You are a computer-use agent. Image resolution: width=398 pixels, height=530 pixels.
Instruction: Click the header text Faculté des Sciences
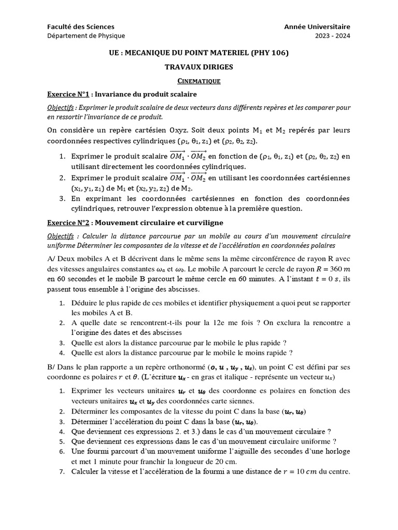(x=81, y=26)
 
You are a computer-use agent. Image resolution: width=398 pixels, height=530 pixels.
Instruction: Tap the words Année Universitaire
(x=317, y=26)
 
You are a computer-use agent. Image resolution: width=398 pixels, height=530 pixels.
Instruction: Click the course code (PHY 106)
(x=270, y=53)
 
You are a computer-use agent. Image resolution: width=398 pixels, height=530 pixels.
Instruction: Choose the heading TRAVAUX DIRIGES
(x=199, y=67)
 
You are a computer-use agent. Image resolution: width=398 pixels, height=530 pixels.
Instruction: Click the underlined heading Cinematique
(x=199, y=81)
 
